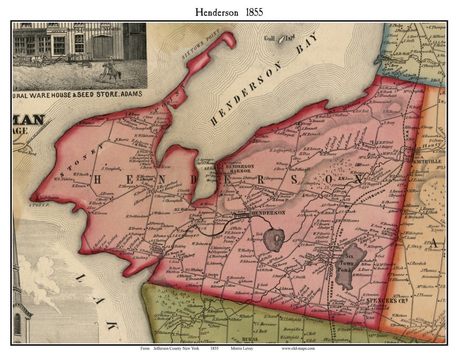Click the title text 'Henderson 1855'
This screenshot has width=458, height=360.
click(229, 12)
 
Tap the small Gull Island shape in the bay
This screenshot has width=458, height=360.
click(281, 39)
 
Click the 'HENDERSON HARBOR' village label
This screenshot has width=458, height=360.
click(240, 169)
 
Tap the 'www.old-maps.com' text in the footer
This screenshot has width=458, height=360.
click(298, 348)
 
